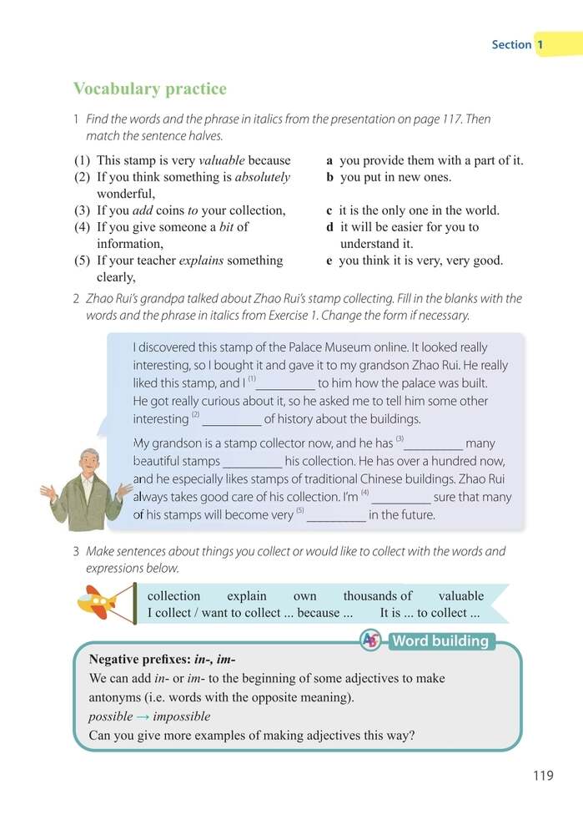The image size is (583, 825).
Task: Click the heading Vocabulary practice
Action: [x=149, y=89]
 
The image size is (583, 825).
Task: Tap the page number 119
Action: [x=542, y=776]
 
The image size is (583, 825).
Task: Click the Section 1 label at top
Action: [x=518, y=44]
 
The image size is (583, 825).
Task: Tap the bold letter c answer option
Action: [x=330, y=210]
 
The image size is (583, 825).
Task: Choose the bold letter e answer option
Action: [x=330, y=261]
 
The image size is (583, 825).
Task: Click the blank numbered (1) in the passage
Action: [x=285, y=385]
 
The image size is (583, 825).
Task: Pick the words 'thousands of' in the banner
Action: [x=377, y=596]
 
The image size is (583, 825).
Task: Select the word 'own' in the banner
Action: [x=304, y=596]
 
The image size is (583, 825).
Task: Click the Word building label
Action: [x=440, y=641]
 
